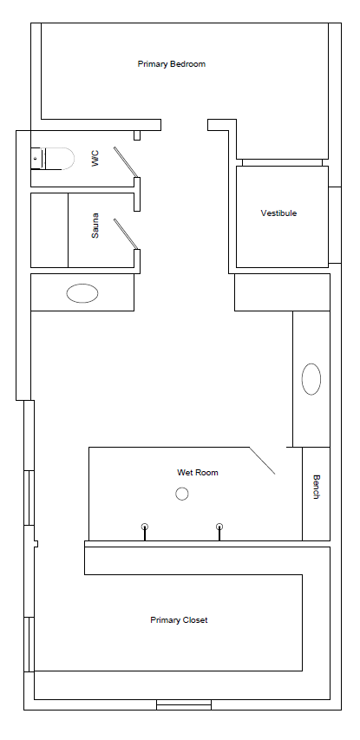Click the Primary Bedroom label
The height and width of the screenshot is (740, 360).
pyautogui.click(x=171, y=64)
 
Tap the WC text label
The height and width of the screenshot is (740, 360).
pyautogui.click(x=95, y=158)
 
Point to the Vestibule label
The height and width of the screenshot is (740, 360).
pyautogui.click(x=278, y=213)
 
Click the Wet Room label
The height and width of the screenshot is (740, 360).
pyautogui.click(x=198, y=473)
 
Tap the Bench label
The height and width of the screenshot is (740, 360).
pyautogui.click(x=316, y=487)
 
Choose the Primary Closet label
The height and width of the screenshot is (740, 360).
pyautogui.click(x=179, y=620)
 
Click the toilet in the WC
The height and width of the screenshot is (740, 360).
pyautogui.click(x=53, y=159)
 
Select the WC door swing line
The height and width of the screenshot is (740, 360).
pyautogui.click(x=126, y=162)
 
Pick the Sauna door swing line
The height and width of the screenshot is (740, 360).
pyautogui.click(x=126, y=233)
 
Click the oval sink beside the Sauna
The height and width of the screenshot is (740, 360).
pyautogui.click(x=82, y=293)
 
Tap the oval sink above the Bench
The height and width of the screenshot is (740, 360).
pyautogui.click(x=311, y=379)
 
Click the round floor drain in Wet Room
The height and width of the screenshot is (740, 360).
pyautogui.click(x=181, y=494)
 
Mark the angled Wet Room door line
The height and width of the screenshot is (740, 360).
pyautogui.click(x=262, y=461)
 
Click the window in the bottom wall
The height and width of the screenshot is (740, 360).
pyautogui.click(x=184, y=704)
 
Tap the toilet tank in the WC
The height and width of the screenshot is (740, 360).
pyautogui.click(x=36, y=159)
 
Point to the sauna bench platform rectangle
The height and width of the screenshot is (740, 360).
pyautogui.click(x=49, y=230)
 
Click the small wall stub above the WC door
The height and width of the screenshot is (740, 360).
pyautogui.click(x=137, y=135)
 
